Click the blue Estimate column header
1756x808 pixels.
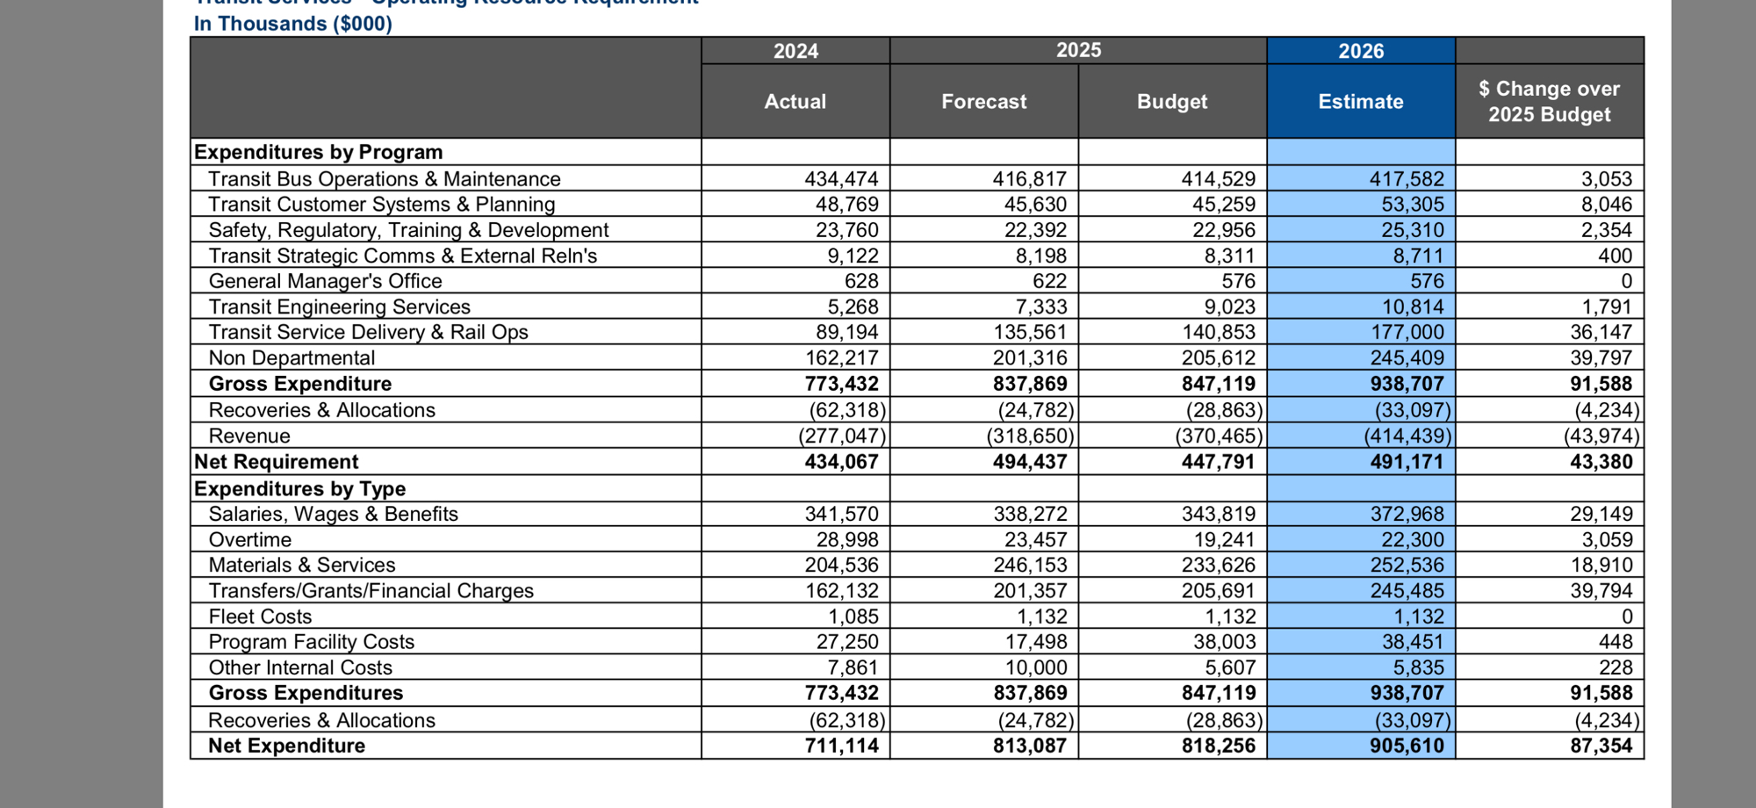[1360, 102]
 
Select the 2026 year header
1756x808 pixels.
[1360, 51]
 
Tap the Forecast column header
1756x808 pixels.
[983, 102]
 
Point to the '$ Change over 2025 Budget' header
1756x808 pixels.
[1549, 102]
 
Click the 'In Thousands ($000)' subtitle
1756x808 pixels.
[293, 24]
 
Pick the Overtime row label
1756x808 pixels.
[250, 539]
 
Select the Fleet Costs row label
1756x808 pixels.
[260, 617]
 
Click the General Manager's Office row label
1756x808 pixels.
[325, 281]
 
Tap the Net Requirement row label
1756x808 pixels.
[277, 462]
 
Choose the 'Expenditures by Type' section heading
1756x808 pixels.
[299, 488]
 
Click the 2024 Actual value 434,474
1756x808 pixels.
[841, 179]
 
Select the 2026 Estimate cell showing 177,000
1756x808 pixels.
[1407, 332]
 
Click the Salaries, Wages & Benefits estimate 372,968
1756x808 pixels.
[1407, 514]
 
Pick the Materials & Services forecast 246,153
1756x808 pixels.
[1030, 565]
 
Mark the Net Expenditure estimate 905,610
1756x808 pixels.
[1407, 746]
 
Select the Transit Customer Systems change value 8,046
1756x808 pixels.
[1606, 205]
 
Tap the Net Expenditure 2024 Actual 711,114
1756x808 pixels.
[841, 746]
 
